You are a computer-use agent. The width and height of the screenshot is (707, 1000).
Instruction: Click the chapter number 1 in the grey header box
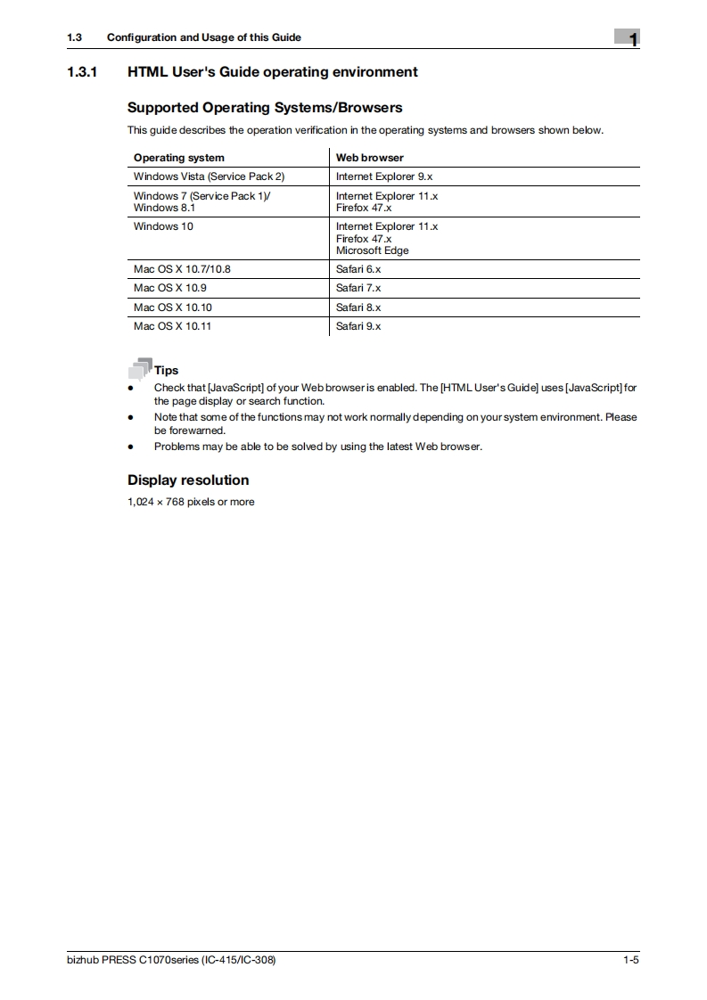click(631, 38)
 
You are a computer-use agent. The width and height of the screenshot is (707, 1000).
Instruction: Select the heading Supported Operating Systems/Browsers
click(265, 108)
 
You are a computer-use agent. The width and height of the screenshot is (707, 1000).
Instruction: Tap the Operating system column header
click(178, 158)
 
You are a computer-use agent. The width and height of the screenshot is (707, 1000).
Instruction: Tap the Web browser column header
click(369, 158)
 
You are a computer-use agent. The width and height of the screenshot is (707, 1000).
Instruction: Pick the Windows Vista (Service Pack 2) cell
click(209, 176)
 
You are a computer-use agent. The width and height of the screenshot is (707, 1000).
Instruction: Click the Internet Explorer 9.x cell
click(383, 176)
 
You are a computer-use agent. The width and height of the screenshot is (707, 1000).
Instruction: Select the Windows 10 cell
click(163, 226)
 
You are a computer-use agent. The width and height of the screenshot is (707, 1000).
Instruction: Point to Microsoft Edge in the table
click(372, 250)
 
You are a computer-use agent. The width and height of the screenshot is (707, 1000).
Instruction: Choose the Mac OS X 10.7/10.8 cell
click(182, 268)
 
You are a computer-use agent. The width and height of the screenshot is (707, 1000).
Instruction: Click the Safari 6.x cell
click(358, 268)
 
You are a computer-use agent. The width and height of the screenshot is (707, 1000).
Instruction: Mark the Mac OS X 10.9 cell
click(170, 288)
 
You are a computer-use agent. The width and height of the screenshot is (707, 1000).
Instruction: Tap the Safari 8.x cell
click(358, 307)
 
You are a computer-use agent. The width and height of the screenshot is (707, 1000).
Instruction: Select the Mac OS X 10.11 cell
click(173, 326)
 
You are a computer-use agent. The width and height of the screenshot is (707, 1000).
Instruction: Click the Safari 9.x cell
click(358, 326)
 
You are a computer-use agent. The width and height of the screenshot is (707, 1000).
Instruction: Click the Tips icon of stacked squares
click(139, 369)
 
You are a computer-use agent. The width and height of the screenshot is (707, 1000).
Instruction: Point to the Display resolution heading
click(188, 480)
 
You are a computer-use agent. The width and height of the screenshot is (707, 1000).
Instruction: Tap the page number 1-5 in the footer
click(631, 960)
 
